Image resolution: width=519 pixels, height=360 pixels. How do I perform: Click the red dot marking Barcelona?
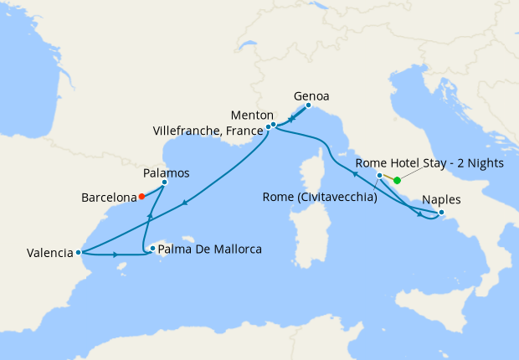pyautogui.click(x=141, y=197)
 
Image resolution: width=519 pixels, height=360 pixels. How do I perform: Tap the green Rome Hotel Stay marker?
pyautogui.click(x=397, y=180)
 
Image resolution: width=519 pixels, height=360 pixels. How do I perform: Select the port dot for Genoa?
pyautogui.click(x=308, y=105)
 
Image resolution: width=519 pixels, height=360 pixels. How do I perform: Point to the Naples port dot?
pyautogui.click(x=441, y=213)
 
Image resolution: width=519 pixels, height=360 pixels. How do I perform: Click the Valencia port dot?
pyautogui.click(x=78, y=252)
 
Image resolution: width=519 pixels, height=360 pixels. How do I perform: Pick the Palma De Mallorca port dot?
pyautogui.click(x=152, y=248)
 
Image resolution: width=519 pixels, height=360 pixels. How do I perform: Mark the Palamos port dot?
pyautogui.click(x=164, y=183)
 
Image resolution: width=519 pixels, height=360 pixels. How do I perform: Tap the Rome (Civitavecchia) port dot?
pyautogui.click(x=379, y=176)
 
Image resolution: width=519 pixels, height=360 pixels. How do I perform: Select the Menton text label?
pyautogui.click(x=252, y=115)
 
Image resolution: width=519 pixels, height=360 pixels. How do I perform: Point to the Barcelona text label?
pyautogui.click(x=109, y=198)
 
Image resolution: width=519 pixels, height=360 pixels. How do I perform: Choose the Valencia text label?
pyautogui.click(x=49, y=253)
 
